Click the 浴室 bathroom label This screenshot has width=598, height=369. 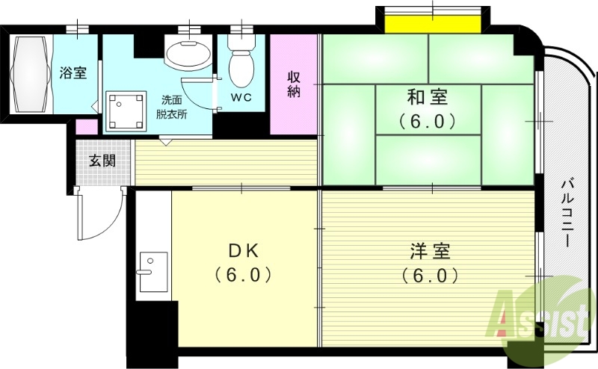point(73,73)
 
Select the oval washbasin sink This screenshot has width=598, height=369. point(187,55)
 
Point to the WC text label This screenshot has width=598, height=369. point(240,98)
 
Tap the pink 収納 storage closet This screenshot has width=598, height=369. point(294,84)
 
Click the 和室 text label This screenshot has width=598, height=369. point(428,97)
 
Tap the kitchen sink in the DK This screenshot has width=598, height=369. point(153,272)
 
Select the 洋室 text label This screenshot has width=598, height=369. point(429,251)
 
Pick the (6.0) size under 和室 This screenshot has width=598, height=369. point(428,120)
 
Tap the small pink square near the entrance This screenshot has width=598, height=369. point(87,127)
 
